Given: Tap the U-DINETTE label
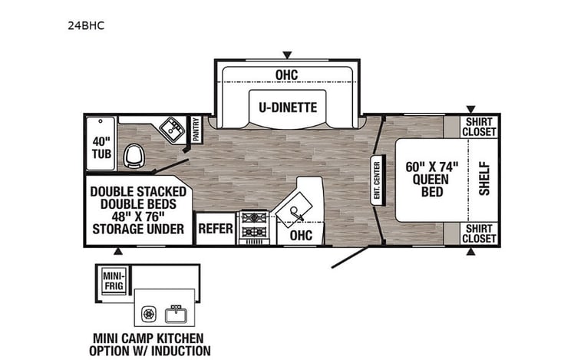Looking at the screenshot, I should (286, 106).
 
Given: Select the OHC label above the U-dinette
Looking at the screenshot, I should (286, 74).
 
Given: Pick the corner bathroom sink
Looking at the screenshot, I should (171, 131).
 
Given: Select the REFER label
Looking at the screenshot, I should (216, 230).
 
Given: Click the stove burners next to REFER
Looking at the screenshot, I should (252, 226).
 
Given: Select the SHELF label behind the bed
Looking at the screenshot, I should (483, 178).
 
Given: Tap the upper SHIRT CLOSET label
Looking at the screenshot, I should (479, 127).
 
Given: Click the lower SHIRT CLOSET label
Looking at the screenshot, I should (479, 233).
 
